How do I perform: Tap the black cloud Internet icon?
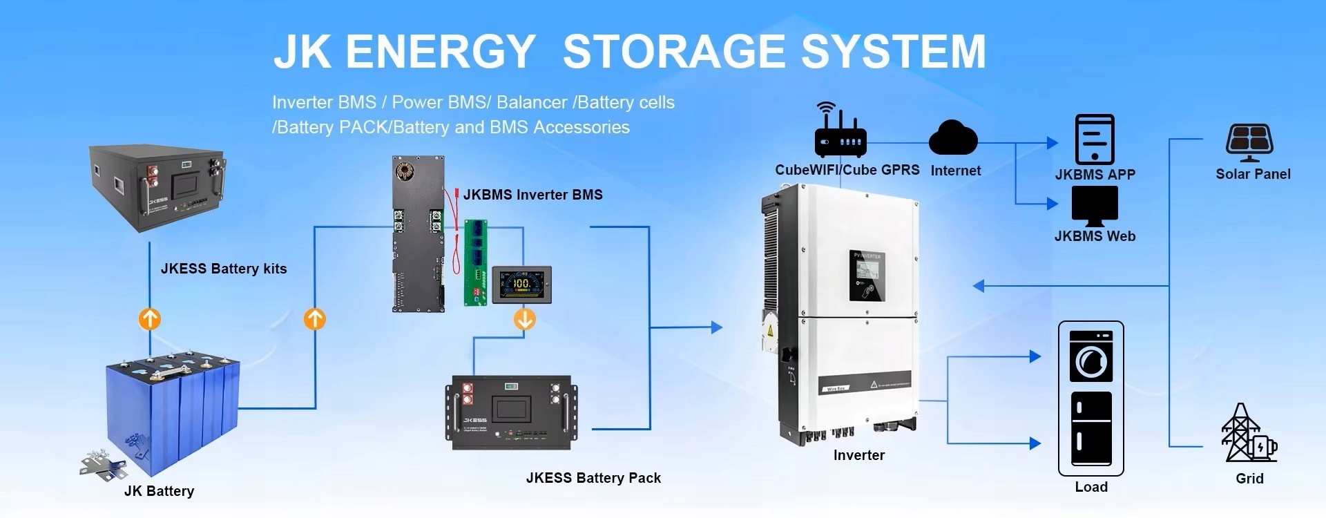tap(953, 138)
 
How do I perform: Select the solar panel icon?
tap(1249, 142)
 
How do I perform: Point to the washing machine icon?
tap(1090, 356)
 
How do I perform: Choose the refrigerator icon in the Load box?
tap(1090, 429)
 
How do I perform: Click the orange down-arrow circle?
tap(525, 319)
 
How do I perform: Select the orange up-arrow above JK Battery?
tap(150, 319)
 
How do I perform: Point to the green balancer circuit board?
tap(475, 262)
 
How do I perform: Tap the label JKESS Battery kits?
tap(224, 269)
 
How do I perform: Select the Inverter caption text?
tap(858, 455)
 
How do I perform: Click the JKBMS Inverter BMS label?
tap(532, 195)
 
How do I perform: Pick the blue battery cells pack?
tap(173, 407)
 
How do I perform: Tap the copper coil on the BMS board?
tap(403, 170)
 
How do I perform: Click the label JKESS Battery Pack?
tap(593, 478)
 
